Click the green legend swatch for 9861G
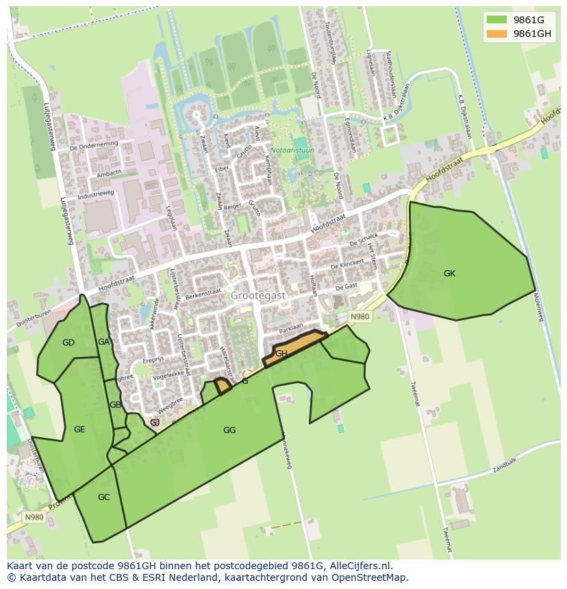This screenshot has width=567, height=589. [497, 20]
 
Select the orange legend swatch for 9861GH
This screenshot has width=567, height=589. [497, 34]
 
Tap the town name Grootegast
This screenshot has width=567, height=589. [257, 296]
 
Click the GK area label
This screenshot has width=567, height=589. [449, 274]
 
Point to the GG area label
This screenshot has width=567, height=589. [229, 430]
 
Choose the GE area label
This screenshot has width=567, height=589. [79, 430]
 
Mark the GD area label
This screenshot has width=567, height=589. [68, 343]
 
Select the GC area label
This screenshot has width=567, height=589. [103, 497]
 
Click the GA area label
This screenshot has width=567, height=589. [103, 342]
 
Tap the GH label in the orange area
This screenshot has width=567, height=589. [281, 354]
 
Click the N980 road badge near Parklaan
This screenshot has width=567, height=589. [360, 317]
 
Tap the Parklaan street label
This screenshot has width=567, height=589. [290, 328]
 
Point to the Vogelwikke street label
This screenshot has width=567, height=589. [168, 374]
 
